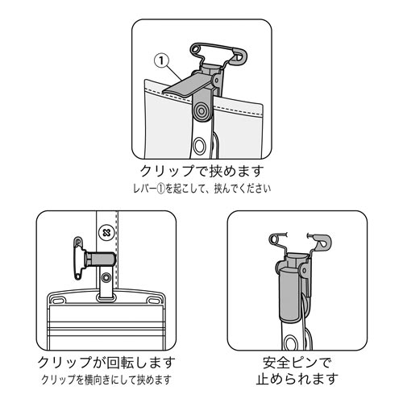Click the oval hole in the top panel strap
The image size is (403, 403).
[201, 146]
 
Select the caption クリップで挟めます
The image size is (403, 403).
[201, 172]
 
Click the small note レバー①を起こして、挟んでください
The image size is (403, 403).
[201, 189]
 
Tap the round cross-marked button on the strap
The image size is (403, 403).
[103, 232]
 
